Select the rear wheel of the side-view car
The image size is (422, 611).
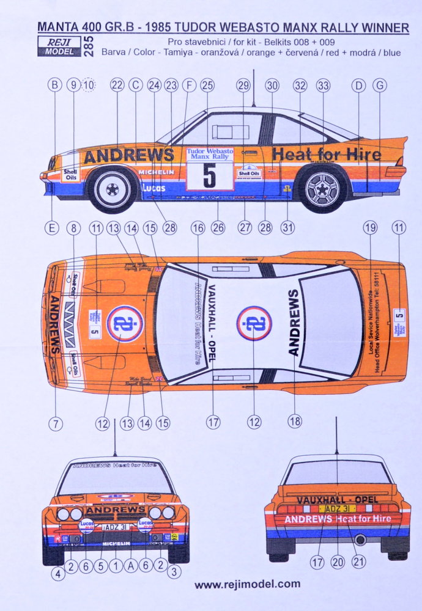click(322, 188)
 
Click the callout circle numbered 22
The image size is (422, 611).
click(117, 86)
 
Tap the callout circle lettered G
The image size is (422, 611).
click(380, 86)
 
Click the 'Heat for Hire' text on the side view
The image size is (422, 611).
click(326, 155)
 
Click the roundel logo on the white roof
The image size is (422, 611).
click(254, 323)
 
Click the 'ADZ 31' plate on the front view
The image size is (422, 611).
click(116, 527)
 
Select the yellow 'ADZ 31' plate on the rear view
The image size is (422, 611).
click(336, 508)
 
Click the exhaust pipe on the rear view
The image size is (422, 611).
click(360, 540)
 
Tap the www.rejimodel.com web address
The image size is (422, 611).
click(247, 584)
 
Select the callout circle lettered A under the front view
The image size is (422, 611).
click(130, 566)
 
